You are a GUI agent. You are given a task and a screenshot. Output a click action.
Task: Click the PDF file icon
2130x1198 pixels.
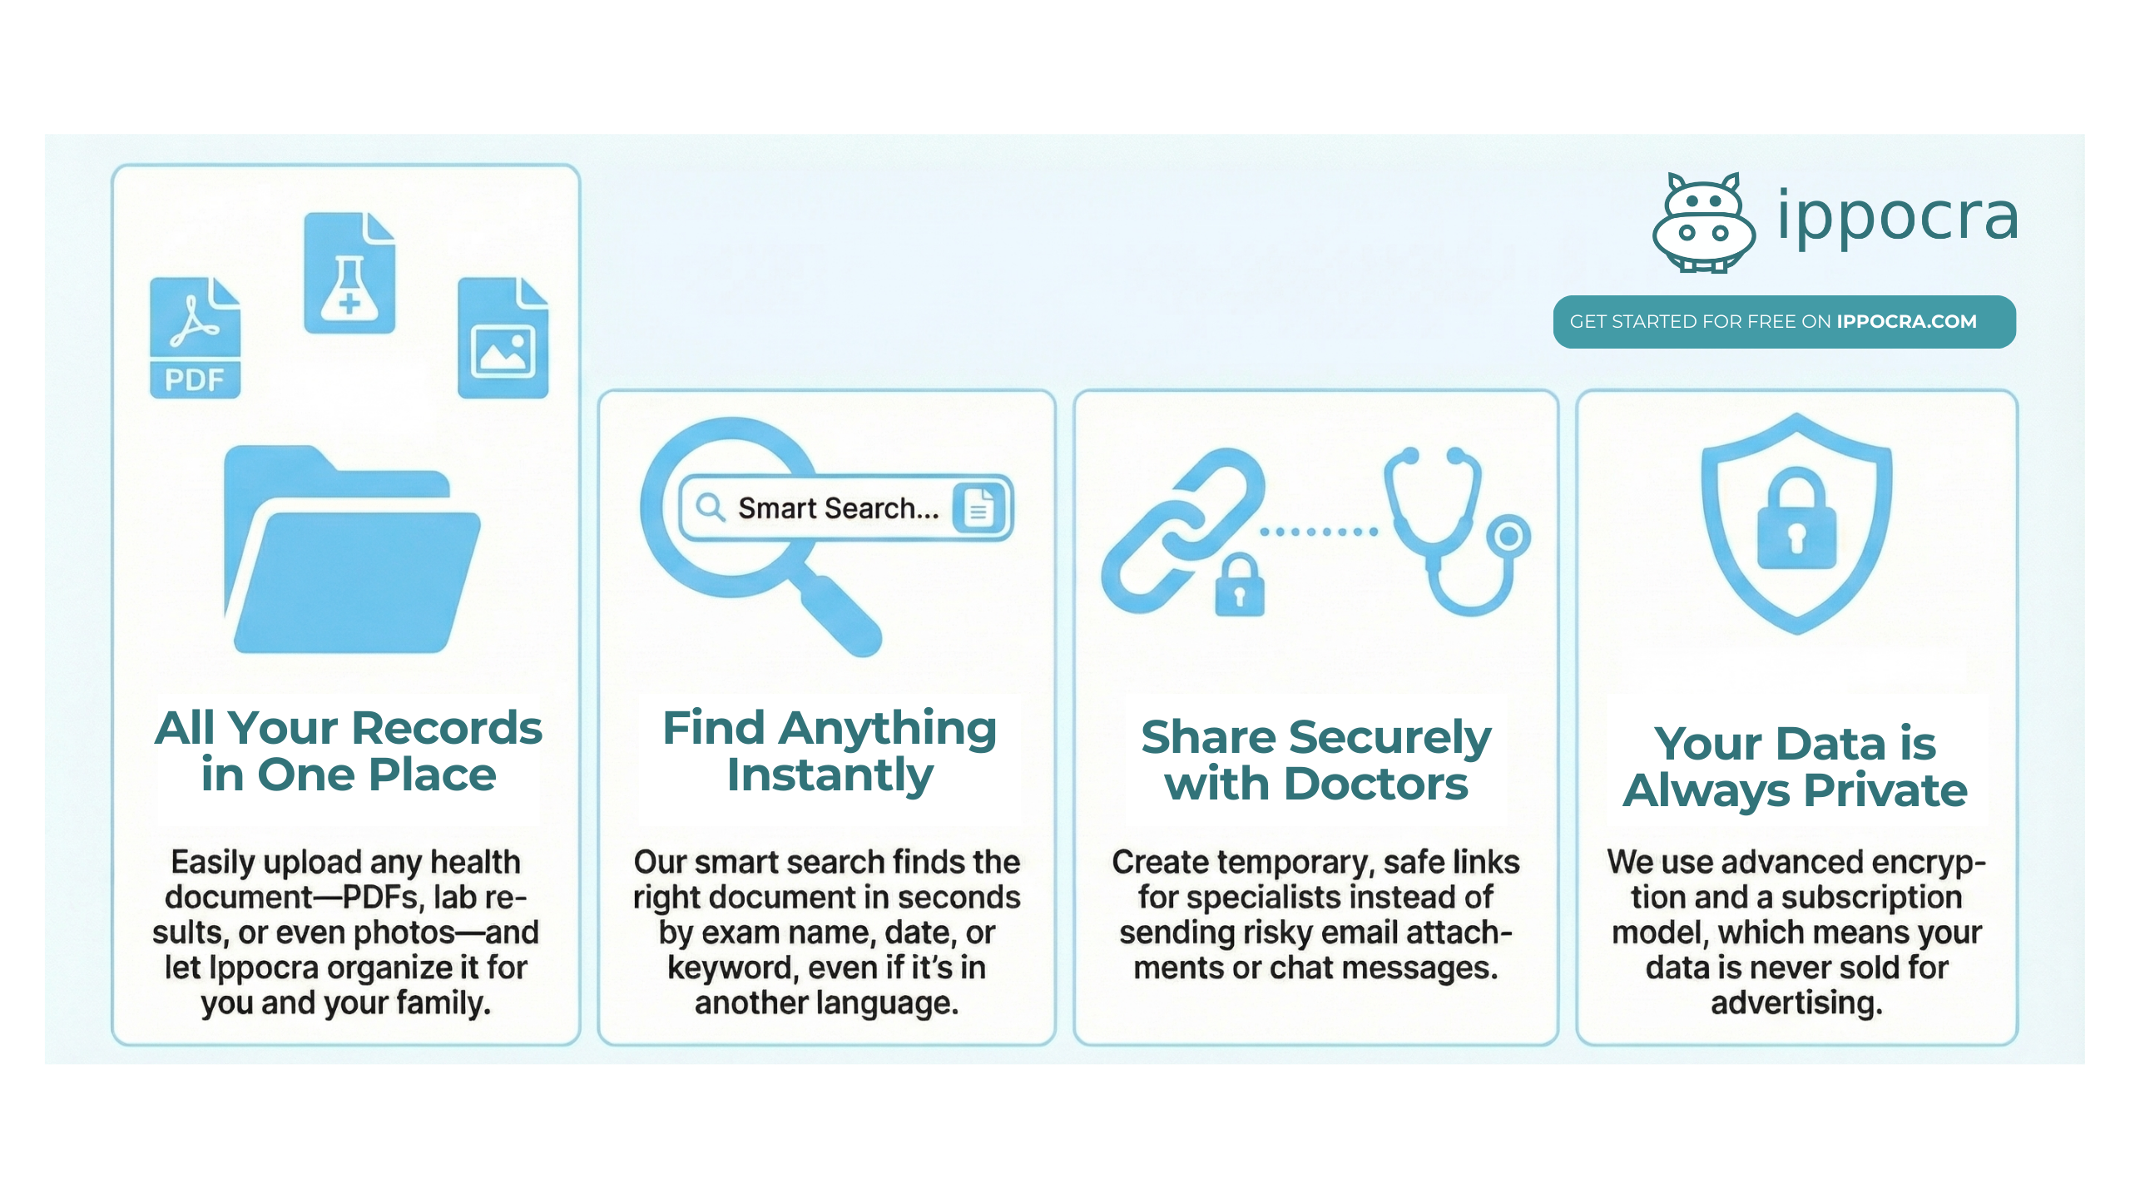195,337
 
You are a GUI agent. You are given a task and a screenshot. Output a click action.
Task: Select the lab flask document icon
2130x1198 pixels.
349,273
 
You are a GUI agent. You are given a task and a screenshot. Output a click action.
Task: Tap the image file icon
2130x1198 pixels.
503,337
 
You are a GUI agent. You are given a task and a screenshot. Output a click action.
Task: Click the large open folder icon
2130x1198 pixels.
352,549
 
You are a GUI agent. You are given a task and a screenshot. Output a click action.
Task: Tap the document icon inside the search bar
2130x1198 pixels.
978,507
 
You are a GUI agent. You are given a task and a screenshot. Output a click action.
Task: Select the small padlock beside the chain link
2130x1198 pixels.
1240,585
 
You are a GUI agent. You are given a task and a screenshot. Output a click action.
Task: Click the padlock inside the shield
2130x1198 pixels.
1797,518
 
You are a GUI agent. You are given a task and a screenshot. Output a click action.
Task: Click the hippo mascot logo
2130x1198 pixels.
1704,222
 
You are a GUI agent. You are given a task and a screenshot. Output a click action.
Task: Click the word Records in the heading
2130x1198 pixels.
448,728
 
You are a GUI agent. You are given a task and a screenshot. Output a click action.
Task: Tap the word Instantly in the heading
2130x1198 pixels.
830,776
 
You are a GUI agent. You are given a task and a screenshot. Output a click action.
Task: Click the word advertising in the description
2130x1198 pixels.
1797,1003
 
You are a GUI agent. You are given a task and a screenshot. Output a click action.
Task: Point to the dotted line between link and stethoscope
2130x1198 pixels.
1319,532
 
